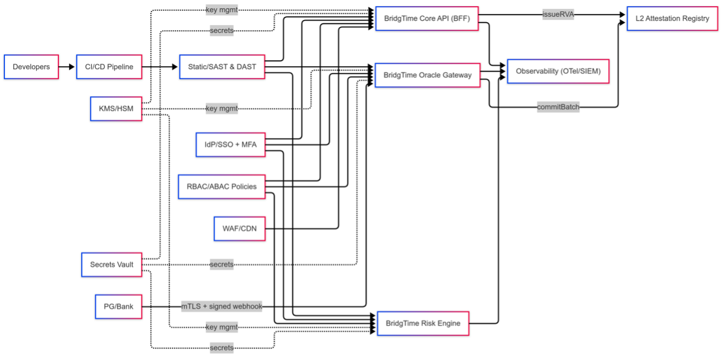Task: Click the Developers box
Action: coord(31,67)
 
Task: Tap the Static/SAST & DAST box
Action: coord(222,67)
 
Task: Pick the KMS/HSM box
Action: coord(116,109)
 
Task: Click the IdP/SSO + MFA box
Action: coord(230,145)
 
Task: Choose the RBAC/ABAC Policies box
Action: coord(222,186)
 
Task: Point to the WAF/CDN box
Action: coord(239,228)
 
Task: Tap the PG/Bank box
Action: coord(118,306)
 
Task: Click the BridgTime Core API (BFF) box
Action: coord(426,18)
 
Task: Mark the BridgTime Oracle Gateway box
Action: coord(427,75)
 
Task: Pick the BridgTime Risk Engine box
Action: coord(423,323)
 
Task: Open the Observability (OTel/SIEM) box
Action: coord(558,71)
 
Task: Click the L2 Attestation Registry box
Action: coord(672,18)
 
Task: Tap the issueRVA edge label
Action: coord(558,15)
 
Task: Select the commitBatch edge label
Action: coord(558,107)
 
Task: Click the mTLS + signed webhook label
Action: coord(222,306)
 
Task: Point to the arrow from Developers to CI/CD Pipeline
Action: coord(67,67)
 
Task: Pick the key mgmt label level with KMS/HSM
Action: coord(222,109)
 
